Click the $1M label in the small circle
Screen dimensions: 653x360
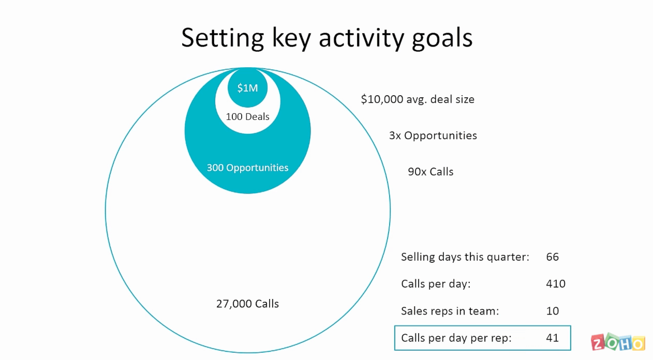tap(247, 88)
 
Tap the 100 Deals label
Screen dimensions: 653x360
tap(247, 116)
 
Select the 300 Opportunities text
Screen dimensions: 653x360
tap(247, 168)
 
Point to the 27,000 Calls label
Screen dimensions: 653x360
tap(247, 304)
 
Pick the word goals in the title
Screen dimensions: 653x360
tap(442, 38)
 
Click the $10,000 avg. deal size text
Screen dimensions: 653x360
tap(418, 99)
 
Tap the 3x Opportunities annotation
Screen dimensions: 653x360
tap(433, 136)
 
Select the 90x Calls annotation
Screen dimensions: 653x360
tap(431, 172)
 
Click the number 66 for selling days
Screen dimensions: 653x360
tap(553, 257)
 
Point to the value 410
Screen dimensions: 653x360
tap(556, 283)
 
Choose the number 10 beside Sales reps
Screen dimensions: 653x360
tap(553, 311)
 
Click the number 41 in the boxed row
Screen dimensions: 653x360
tap(553, 338)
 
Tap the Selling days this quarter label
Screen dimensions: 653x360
tap(465, 257)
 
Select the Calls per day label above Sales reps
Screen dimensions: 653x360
tap(436, 283)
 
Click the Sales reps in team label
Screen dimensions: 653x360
tap(450, 311)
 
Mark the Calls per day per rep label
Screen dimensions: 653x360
tap(456, 338)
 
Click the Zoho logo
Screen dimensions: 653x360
tap(618, 342)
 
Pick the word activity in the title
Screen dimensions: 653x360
tap(362, 38)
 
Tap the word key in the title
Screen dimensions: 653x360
tap(291, 38)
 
